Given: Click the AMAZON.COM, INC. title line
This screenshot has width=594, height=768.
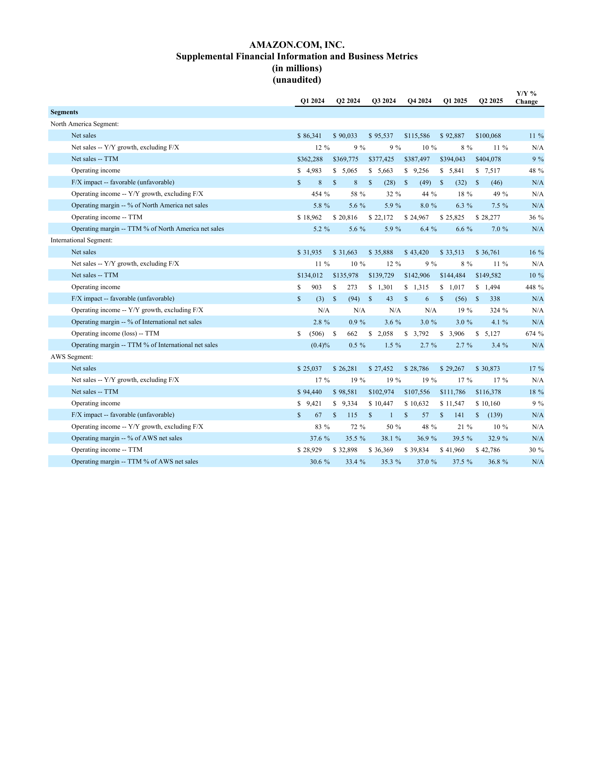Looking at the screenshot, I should tap(297, 45).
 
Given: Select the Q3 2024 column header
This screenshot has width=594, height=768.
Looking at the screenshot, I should tap(384, 101).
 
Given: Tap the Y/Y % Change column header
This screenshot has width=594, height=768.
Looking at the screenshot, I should tap(526, 97).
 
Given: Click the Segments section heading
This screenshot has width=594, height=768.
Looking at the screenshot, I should tap(64, 112).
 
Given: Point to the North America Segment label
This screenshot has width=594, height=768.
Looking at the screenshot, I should tap(85, 124).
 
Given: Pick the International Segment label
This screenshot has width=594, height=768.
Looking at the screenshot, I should tap(81, 240).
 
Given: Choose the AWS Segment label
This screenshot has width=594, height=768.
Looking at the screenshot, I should tap(72, 356).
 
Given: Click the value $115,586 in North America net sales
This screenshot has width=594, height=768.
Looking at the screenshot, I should tap(417, 136).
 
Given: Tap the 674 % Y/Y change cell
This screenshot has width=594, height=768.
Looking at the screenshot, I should tap(534, 334).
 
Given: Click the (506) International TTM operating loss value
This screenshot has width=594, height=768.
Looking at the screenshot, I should tap(316, 334).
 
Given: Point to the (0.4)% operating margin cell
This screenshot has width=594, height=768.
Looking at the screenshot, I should tap(320, 345).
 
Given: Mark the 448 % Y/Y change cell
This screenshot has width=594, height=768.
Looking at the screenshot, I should tap(534, 287).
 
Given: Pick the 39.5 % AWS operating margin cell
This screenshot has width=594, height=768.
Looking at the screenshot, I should tap(462, 438).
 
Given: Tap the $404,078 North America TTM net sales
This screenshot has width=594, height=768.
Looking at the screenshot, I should tap(488, 159).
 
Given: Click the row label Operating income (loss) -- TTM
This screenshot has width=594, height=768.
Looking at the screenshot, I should tap(115, 333).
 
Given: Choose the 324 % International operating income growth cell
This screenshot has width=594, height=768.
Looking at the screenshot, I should tap(499, 310).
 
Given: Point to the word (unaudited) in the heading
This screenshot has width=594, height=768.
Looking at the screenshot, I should tap(297, 80).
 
